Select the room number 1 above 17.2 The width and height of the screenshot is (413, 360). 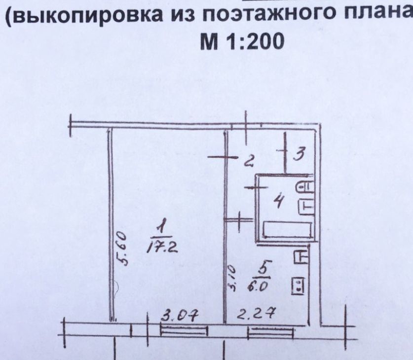pyautogui.click(x=161, y=228)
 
